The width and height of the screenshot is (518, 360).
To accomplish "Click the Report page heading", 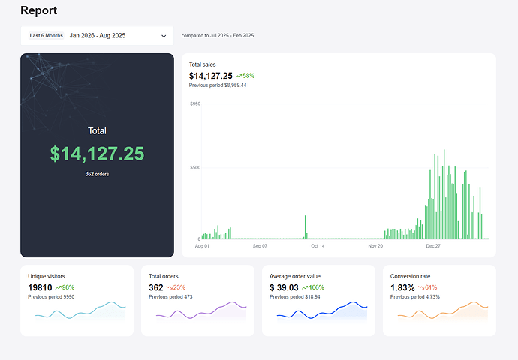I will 38,11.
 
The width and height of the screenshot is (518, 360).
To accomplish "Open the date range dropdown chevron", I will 164,36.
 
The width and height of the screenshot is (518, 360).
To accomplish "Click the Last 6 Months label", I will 46,35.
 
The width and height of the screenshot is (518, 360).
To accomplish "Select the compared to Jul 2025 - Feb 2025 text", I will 217,35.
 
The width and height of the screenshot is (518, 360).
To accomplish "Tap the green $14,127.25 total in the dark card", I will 97,154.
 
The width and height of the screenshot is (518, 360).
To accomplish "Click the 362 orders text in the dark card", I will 97,175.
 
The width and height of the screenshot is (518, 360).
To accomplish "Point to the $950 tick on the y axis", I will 194,103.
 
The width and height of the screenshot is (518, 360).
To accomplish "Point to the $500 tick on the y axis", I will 194,167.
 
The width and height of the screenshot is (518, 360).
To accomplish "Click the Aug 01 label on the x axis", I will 202,245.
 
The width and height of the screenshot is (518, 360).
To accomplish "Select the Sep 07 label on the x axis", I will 260,245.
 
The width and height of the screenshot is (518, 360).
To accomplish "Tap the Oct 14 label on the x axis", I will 318,245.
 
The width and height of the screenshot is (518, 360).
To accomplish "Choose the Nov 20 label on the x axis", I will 375,245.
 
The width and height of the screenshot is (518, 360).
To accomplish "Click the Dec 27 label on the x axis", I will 433,245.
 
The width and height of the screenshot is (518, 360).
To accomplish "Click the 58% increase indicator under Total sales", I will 245,76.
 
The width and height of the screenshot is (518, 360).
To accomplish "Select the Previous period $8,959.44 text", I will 218,85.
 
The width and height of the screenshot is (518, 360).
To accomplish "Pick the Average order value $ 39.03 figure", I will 284,288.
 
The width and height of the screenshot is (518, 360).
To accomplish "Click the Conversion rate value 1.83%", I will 402,288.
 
